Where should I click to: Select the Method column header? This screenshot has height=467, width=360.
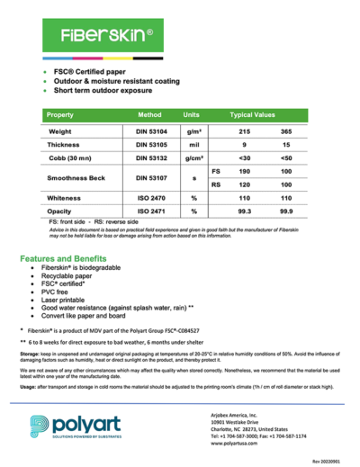click(x=149, y=116)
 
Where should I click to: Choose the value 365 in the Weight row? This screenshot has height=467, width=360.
click(x=286, y=131)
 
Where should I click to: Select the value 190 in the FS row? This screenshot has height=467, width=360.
click(x=243, y=170)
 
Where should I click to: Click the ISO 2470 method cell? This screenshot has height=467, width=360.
click(x=149, y=197)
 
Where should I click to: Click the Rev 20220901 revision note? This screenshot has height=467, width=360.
click(x=327, y=460)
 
